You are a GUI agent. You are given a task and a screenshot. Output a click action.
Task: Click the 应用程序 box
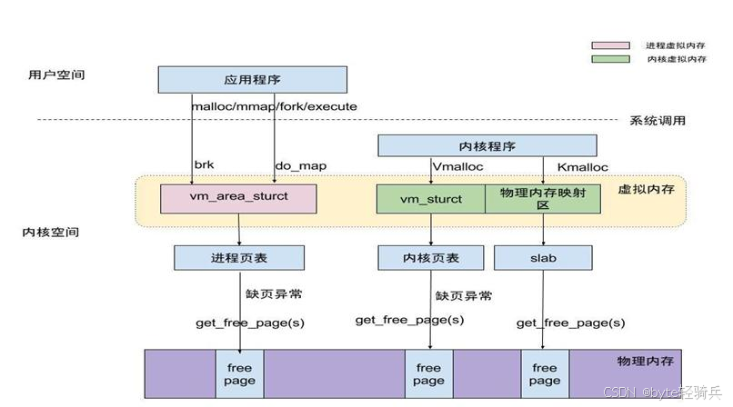(x=253, y=80)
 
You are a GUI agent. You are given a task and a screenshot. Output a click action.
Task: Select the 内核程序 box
(x=487, y=145)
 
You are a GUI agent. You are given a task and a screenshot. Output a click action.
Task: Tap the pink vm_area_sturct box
(x=238, y=199)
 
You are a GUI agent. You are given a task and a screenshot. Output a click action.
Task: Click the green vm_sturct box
(x=431, y=199)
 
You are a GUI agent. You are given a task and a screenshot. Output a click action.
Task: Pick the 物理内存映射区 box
(x=543, y=199)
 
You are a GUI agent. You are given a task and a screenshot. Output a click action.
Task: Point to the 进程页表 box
(x=239, y=258)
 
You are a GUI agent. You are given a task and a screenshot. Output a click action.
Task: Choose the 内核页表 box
(x=430, y=258)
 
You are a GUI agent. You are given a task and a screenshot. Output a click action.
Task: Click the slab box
(x=543, y=258)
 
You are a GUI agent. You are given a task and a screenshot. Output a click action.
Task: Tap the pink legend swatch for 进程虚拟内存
(x=610, y=45)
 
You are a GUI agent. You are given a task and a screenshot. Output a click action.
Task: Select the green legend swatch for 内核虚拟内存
(x=610, y=59)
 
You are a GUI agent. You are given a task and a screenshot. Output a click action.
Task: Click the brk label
(x=205, y=164)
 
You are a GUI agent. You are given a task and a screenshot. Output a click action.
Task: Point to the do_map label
(x=301, y=165)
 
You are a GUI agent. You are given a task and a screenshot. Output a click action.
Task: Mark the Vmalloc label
(x=457, y=166)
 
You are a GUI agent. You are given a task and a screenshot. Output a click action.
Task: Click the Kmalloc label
(x=582, y=167)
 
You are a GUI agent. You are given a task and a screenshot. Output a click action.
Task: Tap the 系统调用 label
(x=658, y=121)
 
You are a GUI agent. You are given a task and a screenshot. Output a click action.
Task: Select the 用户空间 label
(x=56, y=74)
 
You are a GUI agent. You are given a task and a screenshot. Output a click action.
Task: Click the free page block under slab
(x=545, y=374)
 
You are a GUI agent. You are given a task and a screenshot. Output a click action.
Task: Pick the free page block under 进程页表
(x=239, y=374)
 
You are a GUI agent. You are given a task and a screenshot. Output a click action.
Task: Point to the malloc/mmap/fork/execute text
(x=275, y=106)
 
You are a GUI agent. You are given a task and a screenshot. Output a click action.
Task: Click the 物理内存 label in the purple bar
(x=645, y=361)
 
